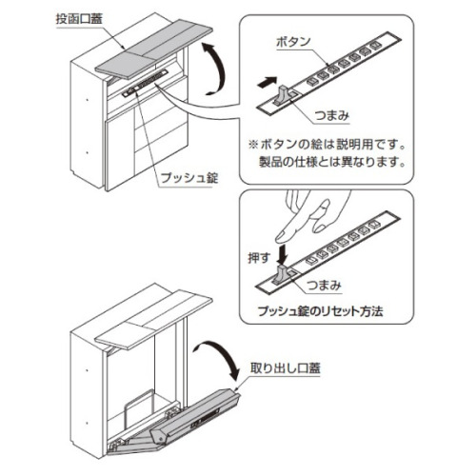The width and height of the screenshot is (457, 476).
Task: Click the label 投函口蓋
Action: click(79, 19)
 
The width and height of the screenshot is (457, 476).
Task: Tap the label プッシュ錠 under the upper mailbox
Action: click(189, 177)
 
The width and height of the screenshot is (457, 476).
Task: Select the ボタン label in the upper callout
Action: click(293, 42)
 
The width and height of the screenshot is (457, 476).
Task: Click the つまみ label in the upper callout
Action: click(332, 115)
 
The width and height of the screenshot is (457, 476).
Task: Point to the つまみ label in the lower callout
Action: click(324, 285)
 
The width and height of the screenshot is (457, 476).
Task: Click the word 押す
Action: click(259, 258)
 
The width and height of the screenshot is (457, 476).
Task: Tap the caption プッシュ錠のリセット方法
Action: click(320, 311)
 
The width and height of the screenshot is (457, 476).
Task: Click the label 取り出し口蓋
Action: click(286, 368)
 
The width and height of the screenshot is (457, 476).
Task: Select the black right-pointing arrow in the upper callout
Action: click(267, 83)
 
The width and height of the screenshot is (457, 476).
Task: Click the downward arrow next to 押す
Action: click(282, 253)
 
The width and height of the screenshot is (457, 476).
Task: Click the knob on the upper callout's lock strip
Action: click(283, 95)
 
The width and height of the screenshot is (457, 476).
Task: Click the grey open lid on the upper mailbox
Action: click(154, 50)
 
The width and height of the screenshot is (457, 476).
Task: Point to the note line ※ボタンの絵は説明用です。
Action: click(328, 145)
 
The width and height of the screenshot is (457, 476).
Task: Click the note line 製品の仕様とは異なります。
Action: click(332, 162)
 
